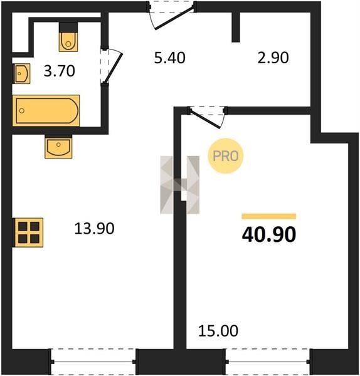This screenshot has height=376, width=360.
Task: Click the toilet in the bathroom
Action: [x=68, y=37]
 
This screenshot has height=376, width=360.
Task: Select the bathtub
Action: [x=46, y=110]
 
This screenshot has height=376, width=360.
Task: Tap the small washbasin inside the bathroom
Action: [x=21, y=73]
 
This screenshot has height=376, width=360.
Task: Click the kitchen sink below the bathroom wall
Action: [x=58, y=147]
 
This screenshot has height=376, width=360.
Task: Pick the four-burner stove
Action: [x=28, y=232]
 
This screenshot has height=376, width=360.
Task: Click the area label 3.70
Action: [x=60, y=71]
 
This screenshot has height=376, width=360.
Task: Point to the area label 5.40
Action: [x=170, y=58]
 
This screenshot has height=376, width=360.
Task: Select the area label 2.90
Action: [x=273, y=58]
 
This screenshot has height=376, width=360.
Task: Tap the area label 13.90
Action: [x=94, y=228]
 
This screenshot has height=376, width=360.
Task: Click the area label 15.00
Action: [x=218, y=331]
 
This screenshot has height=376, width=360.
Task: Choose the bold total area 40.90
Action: [x=269, y=234]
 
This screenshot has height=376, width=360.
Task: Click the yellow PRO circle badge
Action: [x=226, y=156]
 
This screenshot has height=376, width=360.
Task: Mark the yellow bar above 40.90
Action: [x=269, y=216]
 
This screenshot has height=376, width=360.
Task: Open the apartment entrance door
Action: [x=171, y=15]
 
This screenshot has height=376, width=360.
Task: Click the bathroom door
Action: [x=111, y=66]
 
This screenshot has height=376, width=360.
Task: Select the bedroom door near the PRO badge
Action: [x=207, y=117]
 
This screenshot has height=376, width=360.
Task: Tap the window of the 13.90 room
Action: [x=93, y=362]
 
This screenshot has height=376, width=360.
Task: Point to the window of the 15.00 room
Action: [x=268, y=362]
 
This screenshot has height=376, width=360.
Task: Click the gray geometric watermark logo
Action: [x=180, y=185]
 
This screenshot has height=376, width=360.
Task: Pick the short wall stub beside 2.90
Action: [x=236, y=27]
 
